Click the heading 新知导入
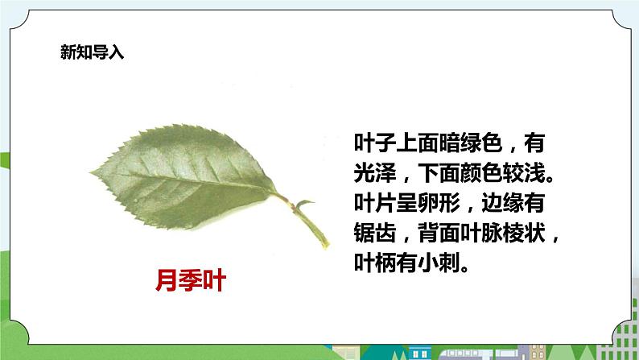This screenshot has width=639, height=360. tap(92, 53)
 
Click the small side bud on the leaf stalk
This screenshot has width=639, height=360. tap(305, 204)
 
